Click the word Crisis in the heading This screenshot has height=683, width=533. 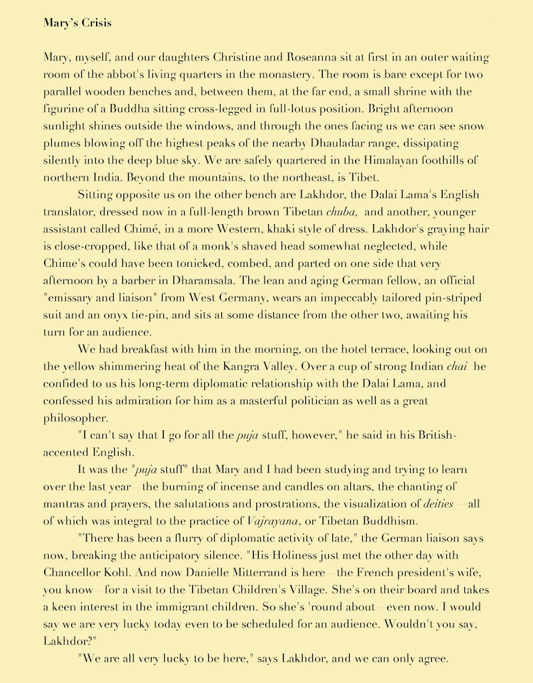(95, 23)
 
